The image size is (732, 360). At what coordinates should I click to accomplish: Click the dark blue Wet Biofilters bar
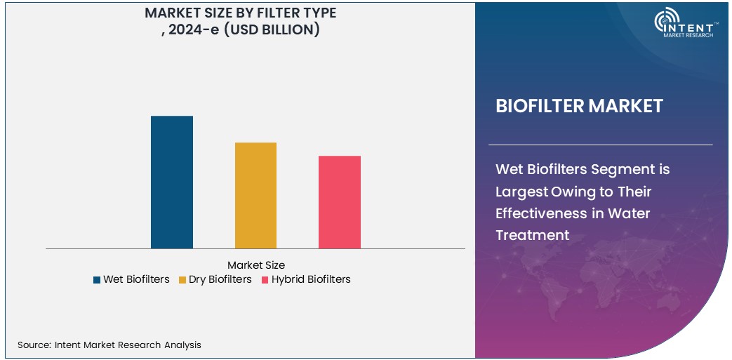pos(172,182)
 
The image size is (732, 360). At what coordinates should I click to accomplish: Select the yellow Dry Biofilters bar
pos(255,195)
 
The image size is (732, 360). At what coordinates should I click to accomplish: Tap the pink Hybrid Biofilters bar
pos(340,202)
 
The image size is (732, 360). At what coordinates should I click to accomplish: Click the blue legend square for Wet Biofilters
pos(97,280)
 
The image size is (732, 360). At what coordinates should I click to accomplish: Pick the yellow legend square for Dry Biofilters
pos(182,280)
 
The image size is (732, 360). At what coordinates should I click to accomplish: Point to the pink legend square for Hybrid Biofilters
pos(265,280)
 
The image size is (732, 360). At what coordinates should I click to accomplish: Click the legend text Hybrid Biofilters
pos(311,279)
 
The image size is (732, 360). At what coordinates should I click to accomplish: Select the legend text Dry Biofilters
pos(220,279)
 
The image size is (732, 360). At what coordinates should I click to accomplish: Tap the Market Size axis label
pos(256,265)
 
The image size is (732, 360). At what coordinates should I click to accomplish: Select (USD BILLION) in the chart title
pos(272,29)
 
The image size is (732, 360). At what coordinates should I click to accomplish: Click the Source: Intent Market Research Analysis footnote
pos(109,345)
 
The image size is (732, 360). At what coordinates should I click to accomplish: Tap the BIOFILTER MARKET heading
pos(579,106)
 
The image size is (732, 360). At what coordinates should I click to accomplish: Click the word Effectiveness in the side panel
pos(538,213)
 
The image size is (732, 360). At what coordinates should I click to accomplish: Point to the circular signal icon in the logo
pos(664,21)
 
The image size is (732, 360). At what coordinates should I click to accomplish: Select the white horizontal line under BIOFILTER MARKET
pos(600,145)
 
